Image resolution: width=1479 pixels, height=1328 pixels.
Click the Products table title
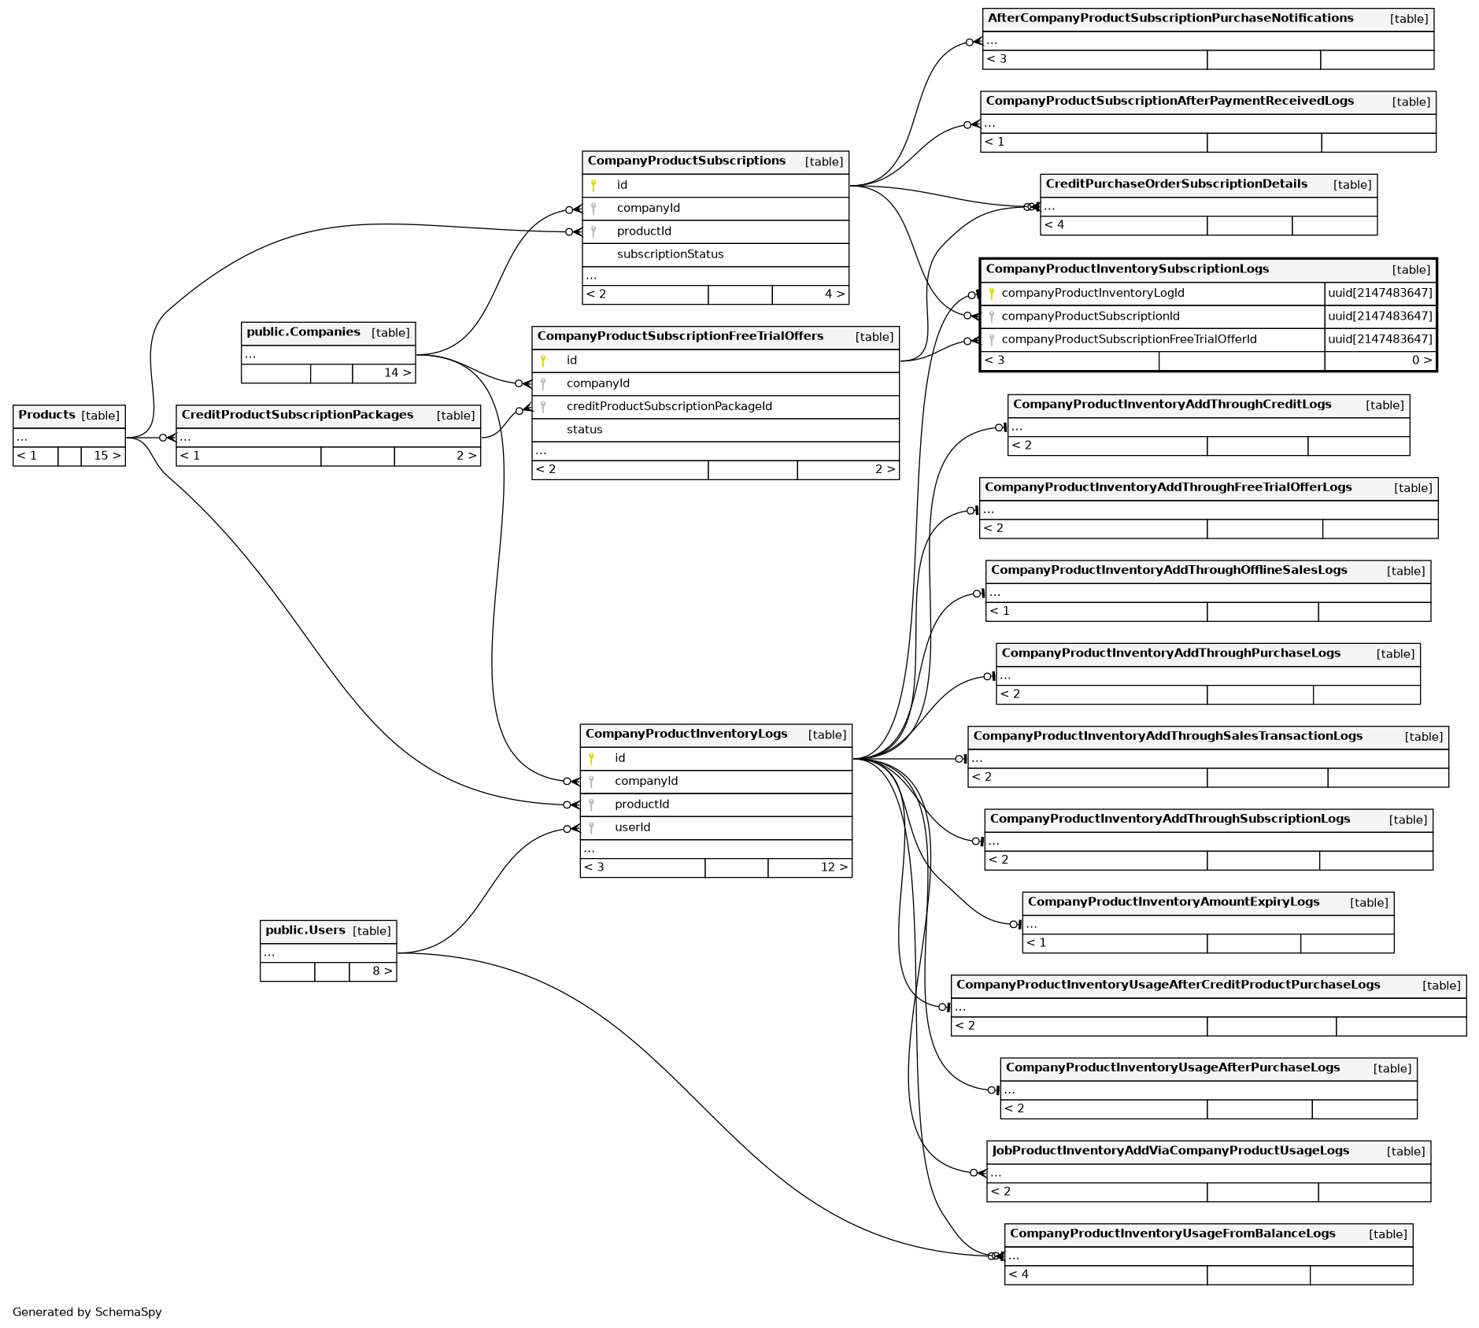click(47, 415)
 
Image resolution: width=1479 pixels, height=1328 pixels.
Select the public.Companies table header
click(303, 332)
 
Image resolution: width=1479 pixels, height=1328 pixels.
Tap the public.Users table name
click(305, 930)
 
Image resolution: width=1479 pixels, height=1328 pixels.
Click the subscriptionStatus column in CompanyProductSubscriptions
click(670, 254)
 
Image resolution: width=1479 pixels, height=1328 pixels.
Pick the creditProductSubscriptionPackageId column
click(669, 406)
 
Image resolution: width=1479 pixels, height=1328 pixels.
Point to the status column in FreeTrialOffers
click(584, 430)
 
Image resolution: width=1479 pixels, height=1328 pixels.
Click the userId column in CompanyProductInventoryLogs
click(632, 827)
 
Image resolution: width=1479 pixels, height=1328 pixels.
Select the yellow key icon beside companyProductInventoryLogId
click(991, 294)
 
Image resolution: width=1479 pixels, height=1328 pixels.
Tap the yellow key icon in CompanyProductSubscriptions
click(593, 186)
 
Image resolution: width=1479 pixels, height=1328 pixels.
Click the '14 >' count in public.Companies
click(397, 373)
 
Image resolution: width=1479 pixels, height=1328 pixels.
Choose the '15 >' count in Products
click(107, 456)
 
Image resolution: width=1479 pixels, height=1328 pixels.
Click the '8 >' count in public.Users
click(382, 971)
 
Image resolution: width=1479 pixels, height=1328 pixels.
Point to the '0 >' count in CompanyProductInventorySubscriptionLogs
click(1421, 361)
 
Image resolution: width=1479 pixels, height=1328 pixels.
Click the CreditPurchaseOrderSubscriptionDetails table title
click(1176, 184)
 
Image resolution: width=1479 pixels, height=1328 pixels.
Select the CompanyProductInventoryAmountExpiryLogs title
click(1173, 902)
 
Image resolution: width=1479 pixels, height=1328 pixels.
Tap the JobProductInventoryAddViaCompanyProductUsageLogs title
click(1170, 1151)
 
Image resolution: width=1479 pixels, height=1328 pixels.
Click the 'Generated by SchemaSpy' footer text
click(87, 1312)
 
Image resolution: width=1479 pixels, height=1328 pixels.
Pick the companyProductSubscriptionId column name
click(1090, 316)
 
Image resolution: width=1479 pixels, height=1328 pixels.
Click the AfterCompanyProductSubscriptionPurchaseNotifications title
click(1170, 18)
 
